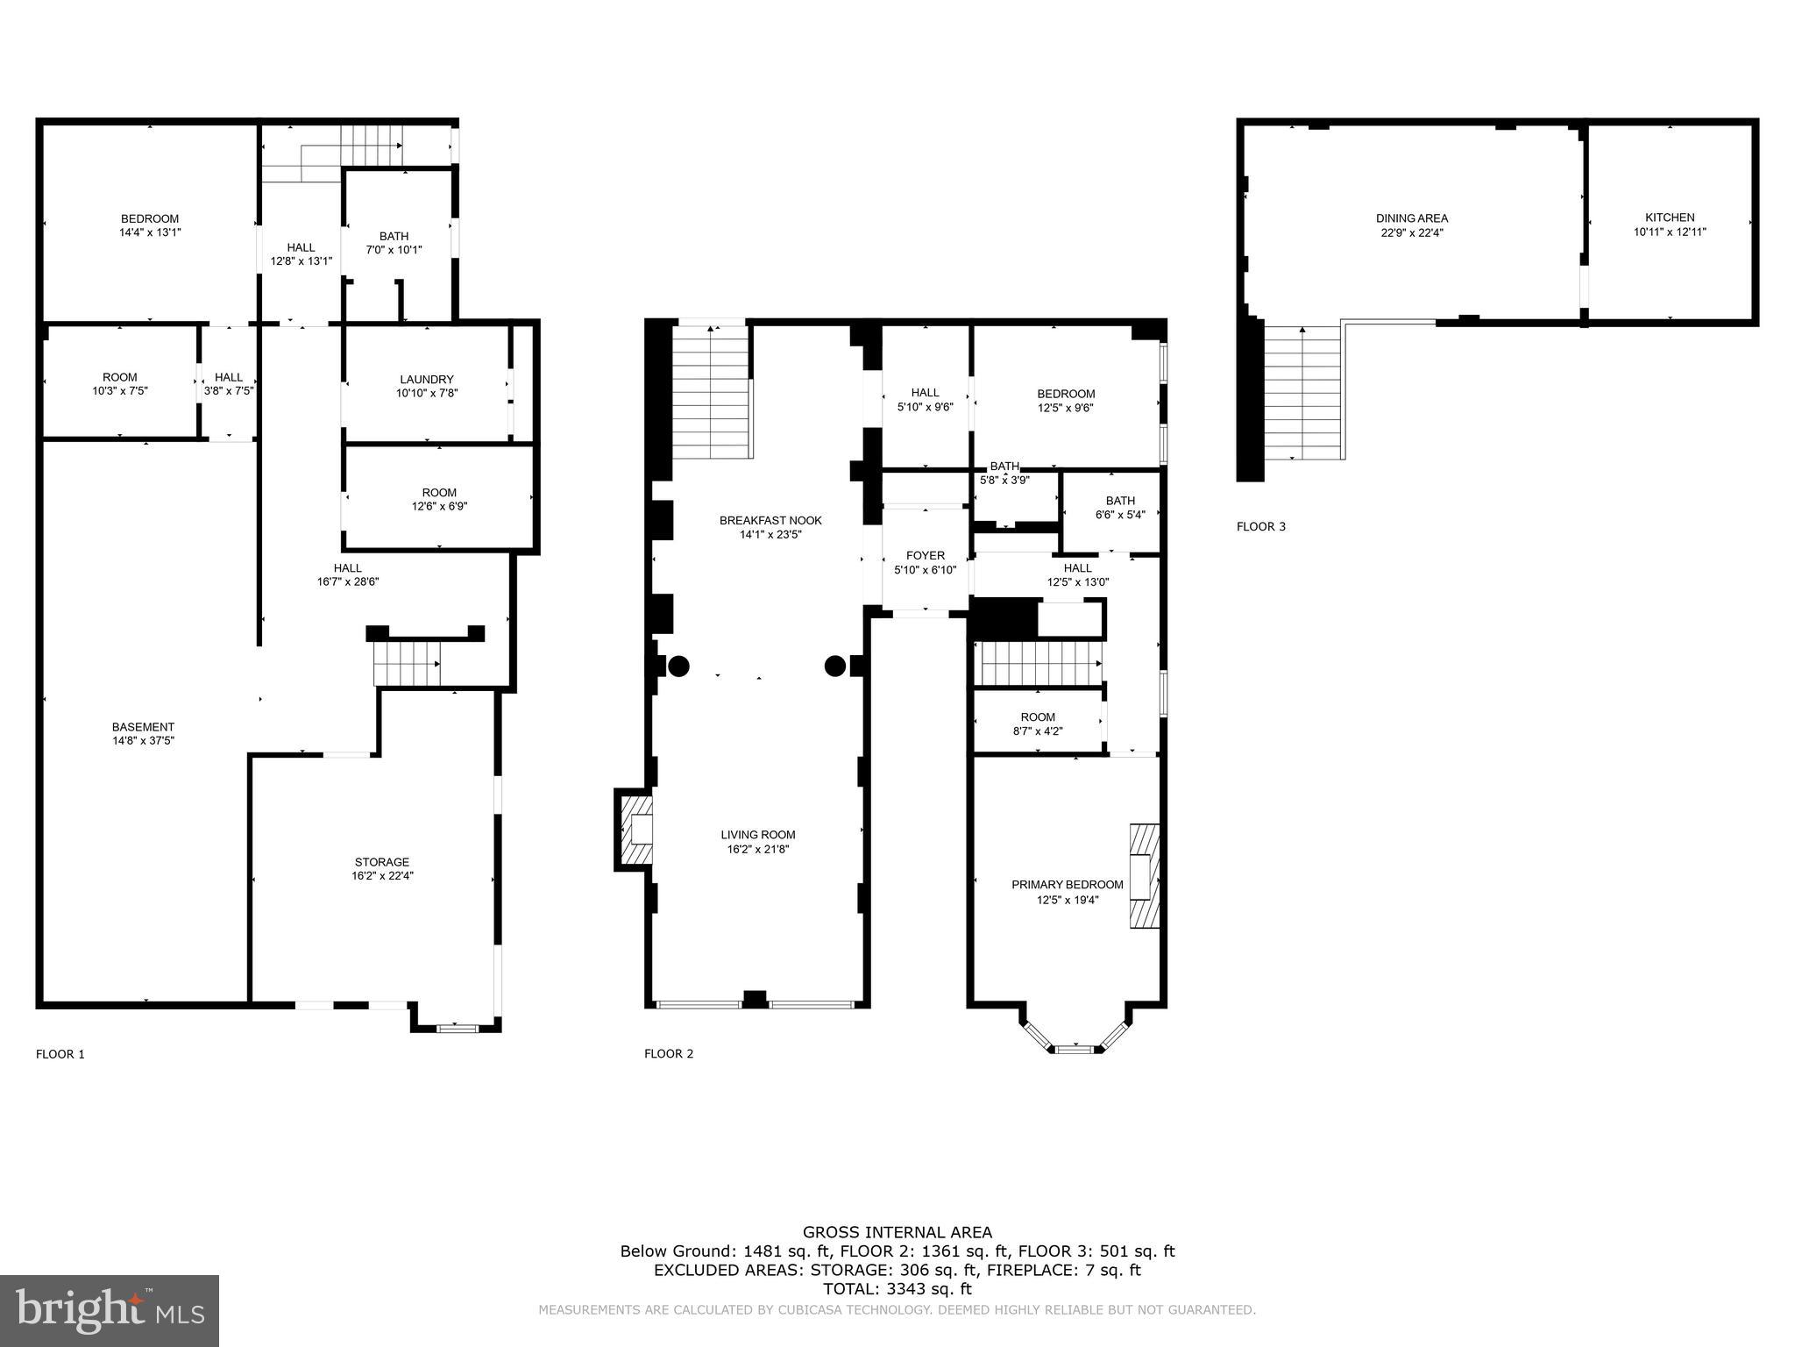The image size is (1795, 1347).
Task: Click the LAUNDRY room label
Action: click(426, 380)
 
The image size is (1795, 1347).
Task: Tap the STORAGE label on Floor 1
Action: click(381, 862)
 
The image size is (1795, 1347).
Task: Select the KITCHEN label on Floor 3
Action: click(1669, 217)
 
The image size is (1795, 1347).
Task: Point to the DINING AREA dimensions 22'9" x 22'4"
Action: click(1411, 232)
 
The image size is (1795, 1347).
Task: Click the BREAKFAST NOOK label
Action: click(770, 520)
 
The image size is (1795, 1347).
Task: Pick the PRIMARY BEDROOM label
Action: click(1067, 885)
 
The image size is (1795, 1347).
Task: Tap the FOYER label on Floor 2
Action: click(925, 555)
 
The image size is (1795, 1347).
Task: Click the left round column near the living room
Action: click(678, 666)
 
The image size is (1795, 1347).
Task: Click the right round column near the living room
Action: click(834, 666)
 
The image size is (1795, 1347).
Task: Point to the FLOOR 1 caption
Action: click(60, 1054)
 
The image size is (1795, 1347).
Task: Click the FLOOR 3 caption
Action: click(1260, 526)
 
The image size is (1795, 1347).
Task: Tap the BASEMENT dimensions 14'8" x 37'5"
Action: click(143, 740)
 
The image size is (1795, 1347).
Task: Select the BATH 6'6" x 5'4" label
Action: click(1119, 501)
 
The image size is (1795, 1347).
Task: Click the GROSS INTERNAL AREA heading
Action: click(897, 1232)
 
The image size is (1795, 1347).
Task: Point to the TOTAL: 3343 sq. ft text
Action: click(897, 1289)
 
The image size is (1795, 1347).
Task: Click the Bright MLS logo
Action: click(110, 1310)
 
